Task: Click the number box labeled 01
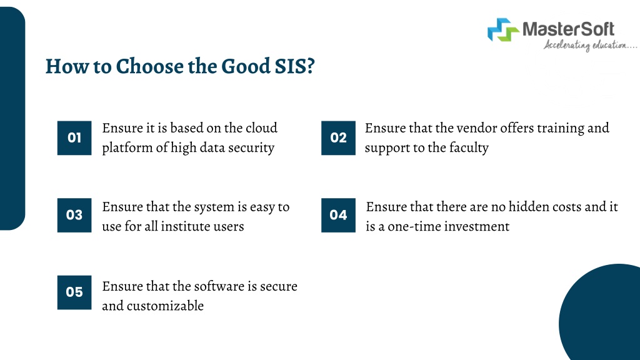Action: click(74, 138)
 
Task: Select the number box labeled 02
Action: click(338, 138)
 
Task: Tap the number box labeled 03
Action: click(74, 215)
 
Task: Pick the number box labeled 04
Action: click(338, 215)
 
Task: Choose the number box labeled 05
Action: click(74, 292)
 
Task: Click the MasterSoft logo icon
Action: click(503, 30)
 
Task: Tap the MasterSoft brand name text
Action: click(568, 29)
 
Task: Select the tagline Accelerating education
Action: click(590, 45)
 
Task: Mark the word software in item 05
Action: click(218, 286)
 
